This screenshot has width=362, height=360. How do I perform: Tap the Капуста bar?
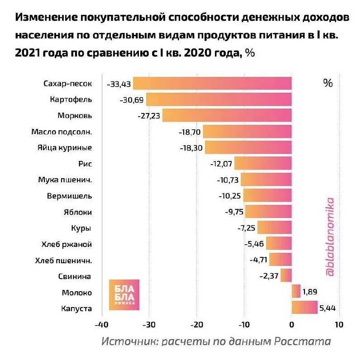[x=305, y=308]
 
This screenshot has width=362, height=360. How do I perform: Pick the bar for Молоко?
[x=296, y=292]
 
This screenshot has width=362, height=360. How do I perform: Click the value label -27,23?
[x=149, y=116]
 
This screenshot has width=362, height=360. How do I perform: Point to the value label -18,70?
[x=190, y=132]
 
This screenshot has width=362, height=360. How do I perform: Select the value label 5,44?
[x=328, y=308]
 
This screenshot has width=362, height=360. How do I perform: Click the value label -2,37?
[x=269, y=276]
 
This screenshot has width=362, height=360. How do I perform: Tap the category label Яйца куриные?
[x=65, y=148]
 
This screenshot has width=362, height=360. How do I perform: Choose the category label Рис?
[x=85, y=164]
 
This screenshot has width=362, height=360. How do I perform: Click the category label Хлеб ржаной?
[x=67, y=244]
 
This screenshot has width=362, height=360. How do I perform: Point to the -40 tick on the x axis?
[x=101, y=325]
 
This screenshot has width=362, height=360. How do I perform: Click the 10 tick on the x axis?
[x=339, y=325]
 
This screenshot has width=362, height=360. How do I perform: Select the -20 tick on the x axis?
[x=196, y=325]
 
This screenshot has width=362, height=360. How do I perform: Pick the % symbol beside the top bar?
[x=328, y=83]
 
